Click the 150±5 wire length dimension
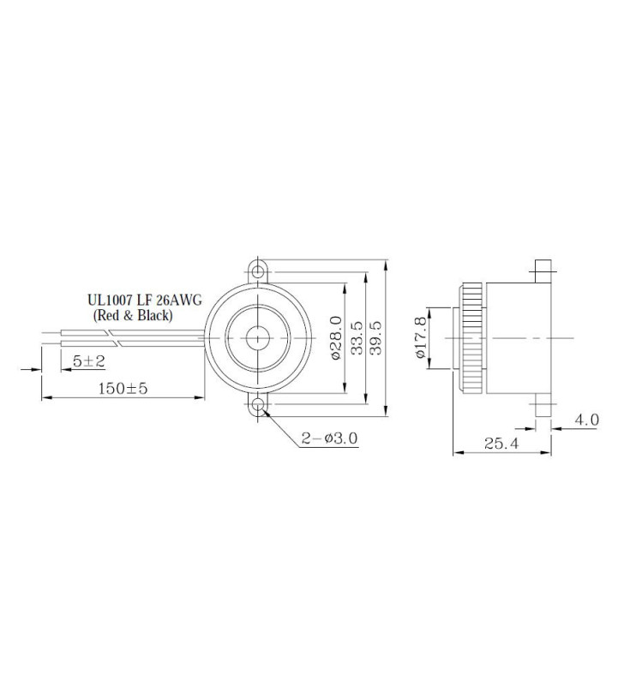click(125, 388)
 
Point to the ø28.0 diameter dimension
click(336, 338)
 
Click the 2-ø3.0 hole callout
click(329, 438)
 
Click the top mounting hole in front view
click(258, 270)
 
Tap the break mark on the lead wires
click(122, 338)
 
